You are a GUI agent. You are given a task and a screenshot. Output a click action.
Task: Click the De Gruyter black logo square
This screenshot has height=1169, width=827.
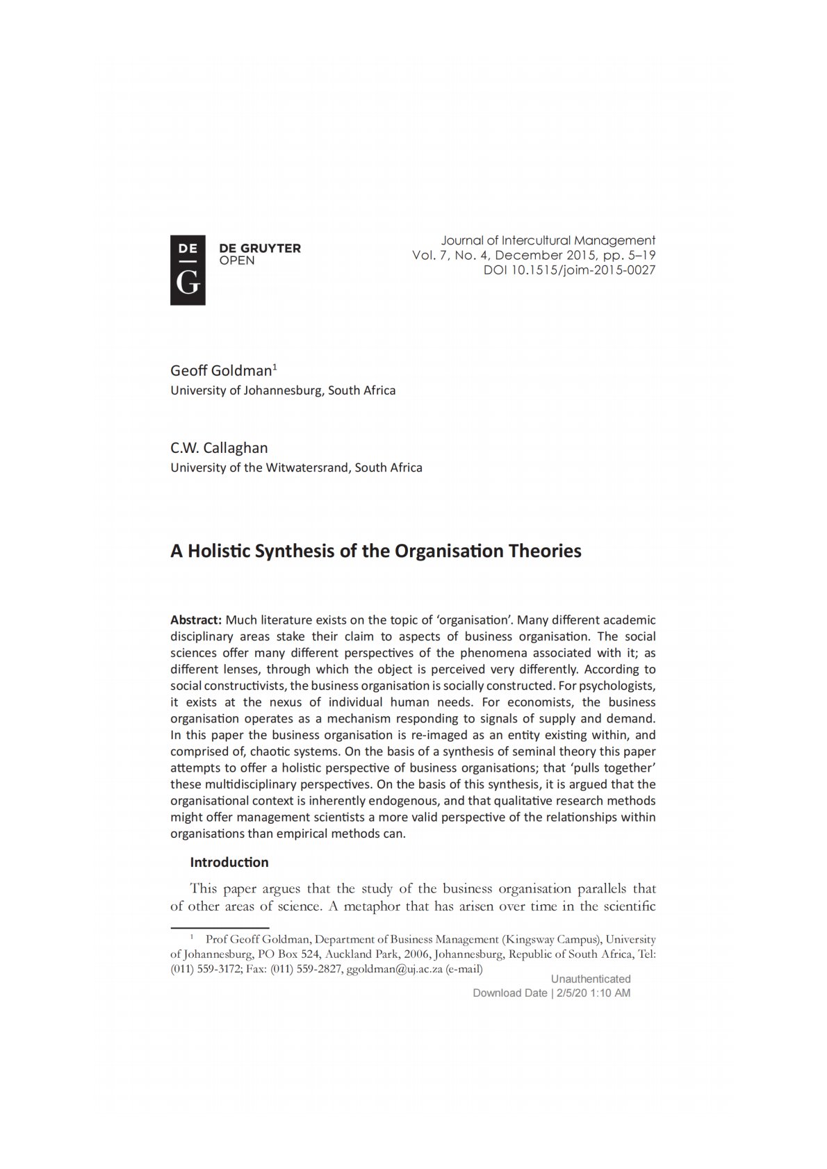pos(188,270)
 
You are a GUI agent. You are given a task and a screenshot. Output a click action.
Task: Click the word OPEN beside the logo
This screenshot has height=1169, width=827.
pos(237,261)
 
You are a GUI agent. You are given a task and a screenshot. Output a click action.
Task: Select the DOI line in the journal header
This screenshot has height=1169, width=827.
pos(569,270)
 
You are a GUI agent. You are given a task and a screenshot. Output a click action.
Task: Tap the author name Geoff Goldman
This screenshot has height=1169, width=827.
pos(221,370)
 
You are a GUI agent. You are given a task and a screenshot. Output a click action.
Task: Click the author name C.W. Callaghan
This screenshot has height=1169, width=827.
pos(219,448)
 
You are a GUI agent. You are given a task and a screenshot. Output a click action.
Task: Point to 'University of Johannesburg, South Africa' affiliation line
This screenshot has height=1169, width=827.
pos(283,390)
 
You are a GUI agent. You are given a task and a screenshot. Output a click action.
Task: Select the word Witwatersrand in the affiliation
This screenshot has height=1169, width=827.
pos(308,467)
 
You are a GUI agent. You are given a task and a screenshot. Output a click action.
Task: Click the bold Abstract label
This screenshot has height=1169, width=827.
pos(196,620)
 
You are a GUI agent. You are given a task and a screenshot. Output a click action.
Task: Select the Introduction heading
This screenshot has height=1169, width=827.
pos(229,863)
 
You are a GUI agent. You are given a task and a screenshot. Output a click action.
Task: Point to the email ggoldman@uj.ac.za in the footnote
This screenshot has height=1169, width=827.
pos(394,969)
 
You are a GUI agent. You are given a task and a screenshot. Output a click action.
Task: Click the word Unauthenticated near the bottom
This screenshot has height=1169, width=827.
pos(591,979)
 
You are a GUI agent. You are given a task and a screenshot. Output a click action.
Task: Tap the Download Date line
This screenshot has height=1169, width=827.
pos(551,993)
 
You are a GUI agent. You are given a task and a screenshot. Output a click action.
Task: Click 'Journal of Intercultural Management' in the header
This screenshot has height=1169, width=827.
pos(548,241)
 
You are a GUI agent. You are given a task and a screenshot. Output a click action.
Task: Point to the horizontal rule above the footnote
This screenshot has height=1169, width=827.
pos(220,927)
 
